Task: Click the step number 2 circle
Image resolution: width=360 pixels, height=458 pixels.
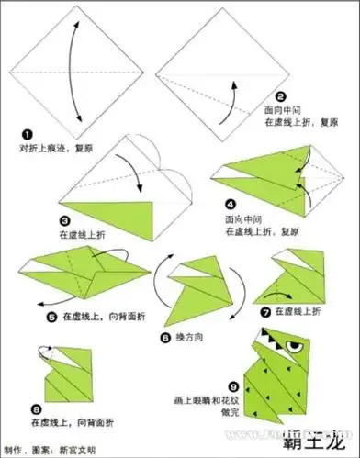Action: (x=281, y=94)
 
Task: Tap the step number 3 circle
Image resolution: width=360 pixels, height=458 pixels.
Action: (x=65, y=221)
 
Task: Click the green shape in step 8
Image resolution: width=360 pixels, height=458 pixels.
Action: (x=64, y=376)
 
